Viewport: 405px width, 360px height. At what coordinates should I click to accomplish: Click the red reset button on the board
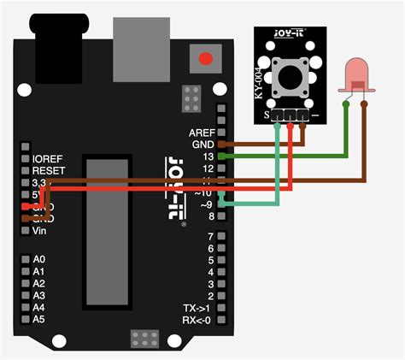204,59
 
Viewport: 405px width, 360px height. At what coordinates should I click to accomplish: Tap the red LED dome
355,76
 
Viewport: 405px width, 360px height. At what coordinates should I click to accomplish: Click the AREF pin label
202,133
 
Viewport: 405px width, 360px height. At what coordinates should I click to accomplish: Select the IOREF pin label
48,159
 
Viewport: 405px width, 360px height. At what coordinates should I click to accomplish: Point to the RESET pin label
48,171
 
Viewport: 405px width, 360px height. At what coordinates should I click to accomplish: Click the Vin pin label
40,231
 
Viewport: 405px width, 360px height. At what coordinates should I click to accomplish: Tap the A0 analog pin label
39,258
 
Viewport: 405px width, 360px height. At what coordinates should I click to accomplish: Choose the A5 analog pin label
39,319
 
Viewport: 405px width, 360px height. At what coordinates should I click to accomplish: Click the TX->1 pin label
197,308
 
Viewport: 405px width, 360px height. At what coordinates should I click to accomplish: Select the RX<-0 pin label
197,320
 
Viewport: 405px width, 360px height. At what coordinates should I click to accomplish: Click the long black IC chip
107,232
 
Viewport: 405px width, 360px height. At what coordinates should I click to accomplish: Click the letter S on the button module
267,114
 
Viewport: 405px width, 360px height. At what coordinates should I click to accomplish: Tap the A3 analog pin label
39,295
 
